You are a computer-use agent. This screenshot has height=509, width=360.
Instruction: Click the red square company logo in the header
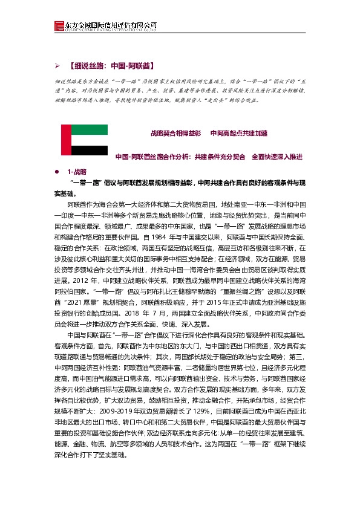point(59,26)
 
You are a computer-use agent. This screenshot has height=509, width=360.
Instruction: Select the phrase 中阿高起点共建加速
point(238,132)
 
